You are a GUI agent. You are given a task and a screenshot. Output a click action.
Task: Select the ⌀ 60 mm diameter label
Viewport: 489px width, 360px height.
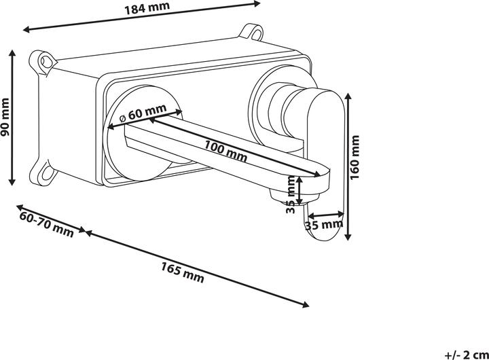coord(143,112)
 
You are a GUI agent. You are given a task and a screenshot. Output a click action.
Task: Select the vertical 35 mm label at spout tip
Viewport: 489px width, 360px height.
coord(291,194)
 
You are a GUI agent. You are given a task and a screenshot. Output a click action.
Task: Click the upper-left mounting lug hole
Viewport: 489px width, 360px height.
coord(44,61)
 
